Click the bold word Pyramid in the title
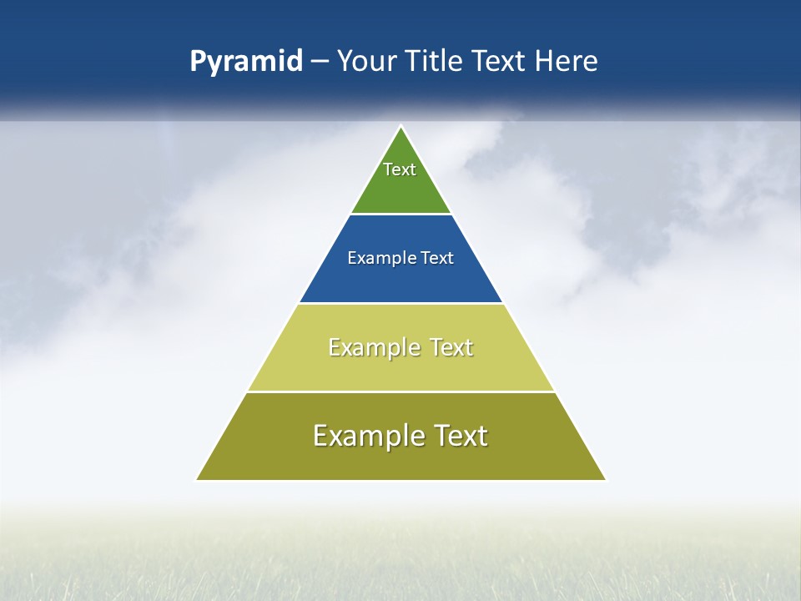point(246,62)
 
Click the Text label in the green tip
point(400,169)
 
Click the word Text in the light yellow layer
point(451,347)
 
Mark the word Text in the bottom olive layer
point(459,436)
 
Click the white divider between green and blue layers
point(401,215)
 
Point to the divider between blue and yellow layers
point(401,303)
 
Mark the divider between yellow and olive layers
point(401,391)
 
